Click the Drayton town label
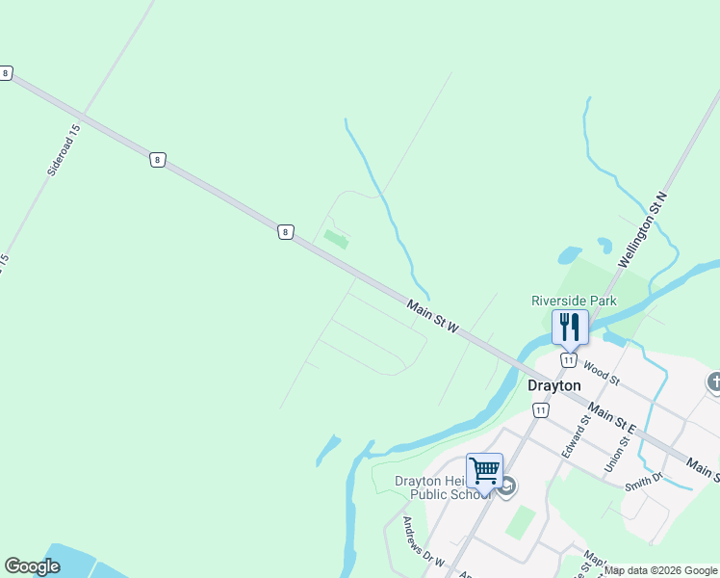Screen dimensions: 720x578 pyautogui.click(x=554, y=385)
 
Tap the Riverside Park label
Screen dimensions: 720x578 pyautogui.click(x=574, y=301)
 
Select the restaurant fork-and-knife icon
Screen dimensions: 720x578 pyautogui.click(x=570, y=327)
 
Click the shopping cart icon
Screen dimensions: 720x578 pyautogui.click(x=484, y=470)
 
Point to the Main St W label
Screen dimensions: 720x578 pyautogui.click(x=433, y=319)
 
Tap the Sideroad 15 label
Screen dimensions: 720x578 pyautogui.click(x=64, y=149)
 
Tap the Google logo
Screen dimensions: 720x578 pyautogui.click(x=32, y=566)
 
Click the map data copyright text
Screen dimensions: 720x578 pyautogui.click(x=661, y=570)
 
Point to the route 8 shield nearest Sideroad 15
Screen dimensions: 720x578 pyautogui.click(x=156, y=160)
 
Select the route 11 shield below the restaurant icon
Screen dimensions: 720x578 pyautogui.click(x=569, y=360)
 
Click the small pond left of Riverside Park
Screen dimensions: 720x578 pyautogui.click(x=569, y=255)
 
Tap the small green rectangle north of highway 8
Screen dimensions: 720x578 pyautogui.click(x=335, y=238)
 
